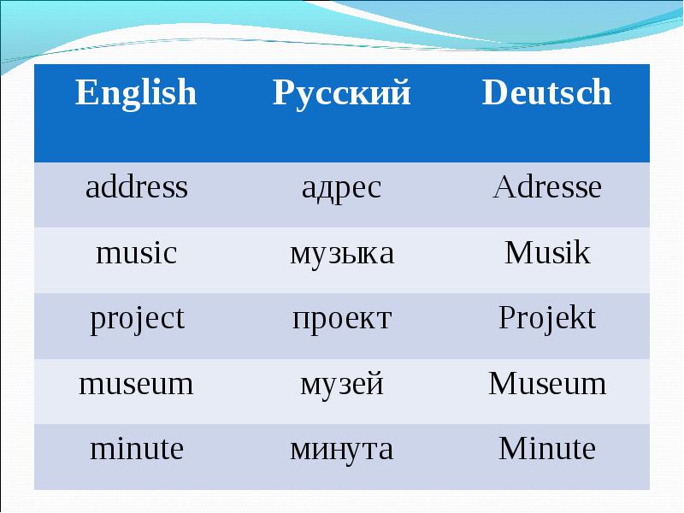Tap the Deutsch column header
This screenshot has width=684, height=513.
(x=546, y=92)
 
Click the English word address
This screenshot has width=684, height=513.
(x=137, y=186)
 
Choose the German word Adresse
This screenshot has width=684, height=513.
(x=547, y=186)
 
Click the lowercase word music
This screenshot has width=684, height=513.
(x=137, y=252)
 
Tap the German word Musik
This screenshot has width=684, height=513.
(x=547, y=252)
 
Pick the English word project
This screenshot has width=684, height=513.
(x=138, y=320)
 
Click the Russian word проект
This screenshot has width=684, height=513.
(x=341, y=319)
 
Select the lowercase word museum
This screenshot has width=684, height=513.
(x=136, y=384)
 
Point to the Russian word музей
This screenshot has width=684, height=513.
(x=341, y=385)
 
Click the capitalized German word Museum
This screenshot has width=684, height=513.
(x=547, y=383)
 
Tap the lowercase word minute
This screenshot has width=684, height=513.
(x=137, y=449)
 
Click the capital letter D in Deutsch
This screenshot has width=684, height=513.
(x=495, y=92)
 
